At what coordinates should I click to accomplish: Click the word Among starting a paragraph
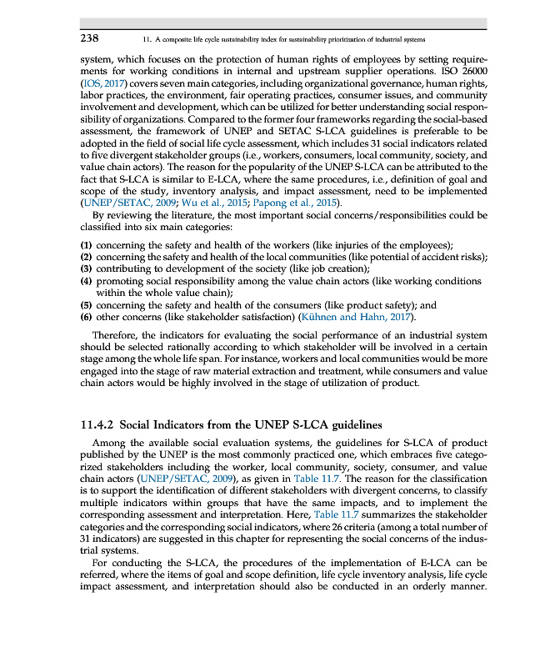point(111,442)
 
